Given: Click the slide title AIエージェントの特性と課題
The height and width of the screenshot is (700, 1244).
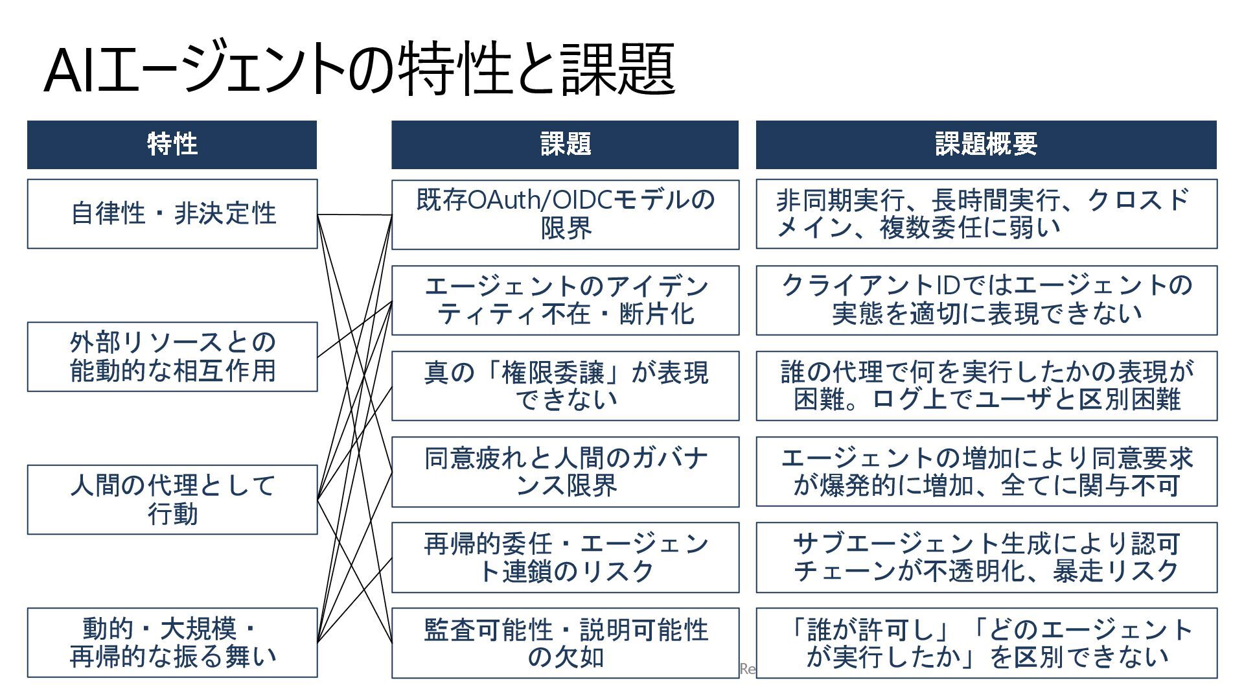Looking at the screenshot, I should point(360,69).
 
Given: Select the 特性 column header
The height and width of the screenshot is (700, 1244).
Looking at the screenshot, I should point(172,145).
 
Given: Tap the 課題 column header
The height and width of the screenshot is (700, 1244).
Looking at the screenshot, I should point(565,145).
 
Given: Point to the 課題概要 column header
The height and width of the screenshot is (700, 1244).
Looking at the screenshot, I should point(986,145).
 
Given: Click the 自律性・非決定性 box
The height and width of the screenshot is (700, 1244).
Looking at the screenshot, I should point(172,214).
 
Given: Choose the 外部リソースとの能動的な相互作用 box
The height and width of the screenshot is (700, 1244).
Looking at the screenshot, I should point(172,356).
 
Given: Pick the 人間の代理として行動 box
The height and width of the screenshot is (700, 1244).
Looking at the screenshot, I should point(172,500).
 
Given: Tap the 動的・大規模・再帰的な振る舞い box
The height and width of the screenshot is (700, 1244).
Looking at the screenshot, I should point(172,642).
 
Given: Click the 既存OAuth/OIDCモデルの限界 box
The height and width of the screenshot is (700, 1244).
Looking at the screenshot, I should point(565,215).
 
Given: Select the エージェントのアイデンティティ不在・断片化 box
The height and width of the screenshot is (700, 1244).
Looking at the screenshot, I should point(565,300).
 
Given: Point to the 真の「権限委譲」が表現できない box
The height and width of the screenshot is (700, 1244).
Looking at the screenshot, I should point(565,386).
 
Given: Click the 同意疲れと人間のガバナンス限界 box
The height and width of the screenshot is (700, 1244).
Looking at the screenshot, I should point(565,471).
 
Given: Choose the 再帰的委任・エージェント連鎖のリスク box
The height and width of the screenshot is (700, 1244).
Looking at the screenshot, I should point(565,557).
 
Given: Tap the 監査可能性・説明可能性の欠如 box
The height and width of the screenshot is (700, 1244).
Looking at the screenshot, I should point(565,643).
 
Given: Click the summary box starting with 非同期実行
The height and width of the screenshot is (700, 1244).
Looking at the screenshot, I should point(986,214).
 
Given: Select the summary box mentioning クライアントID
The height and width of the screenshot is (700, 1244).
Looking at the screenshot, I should point(986,300).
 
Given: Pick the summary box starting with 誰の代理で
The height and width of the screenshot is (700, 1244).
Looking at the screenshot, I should point(986,386).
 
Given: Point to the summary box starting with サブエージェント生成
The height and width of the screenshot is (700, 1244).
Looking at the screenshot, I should point(986,557).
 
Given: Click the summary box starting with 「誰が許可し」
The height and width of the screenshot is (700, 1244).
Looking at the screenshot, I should point(986,643).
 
